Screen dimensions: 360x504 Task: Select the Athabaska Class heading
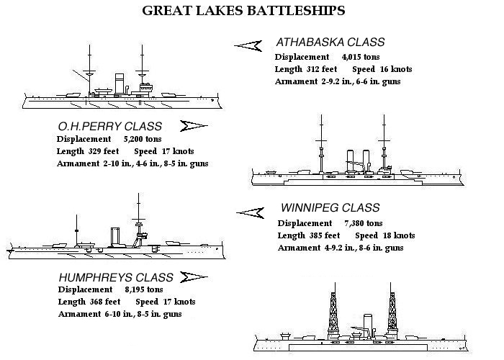pos(330,42)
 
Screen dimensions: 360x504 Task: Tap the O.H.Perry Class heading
pos(109,126)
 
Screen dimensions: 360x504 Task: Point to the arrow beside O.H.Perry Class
pos(192,126)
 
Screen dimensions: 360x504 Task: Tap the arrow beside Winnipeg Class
pos(249,211)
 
